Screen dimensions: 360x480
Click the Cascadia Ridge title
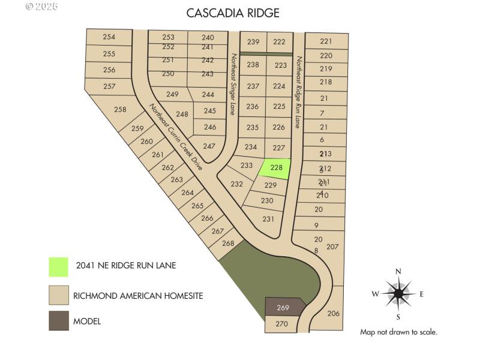233,13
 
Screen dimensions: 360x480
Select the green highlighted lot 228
276,168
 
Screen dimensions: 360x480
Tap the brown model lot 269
283,308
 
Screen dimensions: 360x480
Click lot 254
109,37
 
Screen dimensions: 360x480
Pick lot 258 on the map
120,109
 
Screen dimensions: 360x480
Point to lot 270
281,324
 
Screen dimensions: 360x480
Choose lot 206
334,313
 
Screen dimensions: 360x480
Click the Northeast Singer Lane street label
234,84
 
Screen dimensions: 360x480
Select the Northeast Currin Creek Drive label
176,137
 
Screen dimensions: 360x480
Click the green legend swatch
59,266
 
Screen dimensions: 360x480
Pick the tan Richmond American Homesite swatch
59,295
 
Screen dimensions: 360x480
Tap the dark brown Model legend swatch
59,320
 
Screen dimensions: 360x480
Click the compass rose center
398,293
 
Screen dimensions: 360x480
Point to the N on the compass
398,272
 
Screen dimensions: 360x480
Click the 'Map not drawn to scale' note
398,332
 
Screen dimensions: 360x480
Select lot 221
326,41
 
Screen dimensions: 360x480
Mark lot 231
268,219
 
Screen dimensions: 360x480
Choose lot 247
209,146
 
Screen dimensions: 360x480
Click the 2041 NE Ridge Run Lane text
126,265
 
